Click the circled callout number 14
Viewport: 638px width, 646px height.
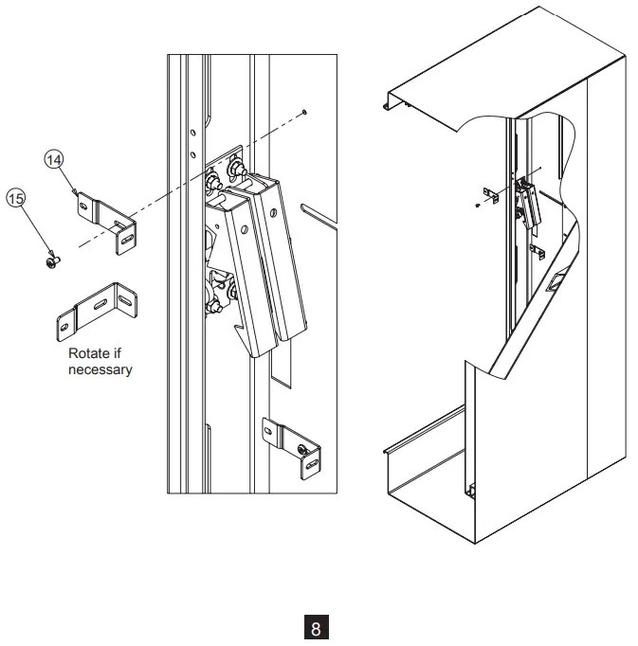[x=55, y=159]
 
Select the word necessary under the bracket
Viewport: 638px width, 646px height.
[x=100, y=368]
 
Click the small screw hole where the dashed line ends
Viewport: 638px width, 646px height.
[x=302, y=112]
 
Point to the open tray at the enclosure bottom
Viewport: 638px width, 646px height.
[x=427, y=474]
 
